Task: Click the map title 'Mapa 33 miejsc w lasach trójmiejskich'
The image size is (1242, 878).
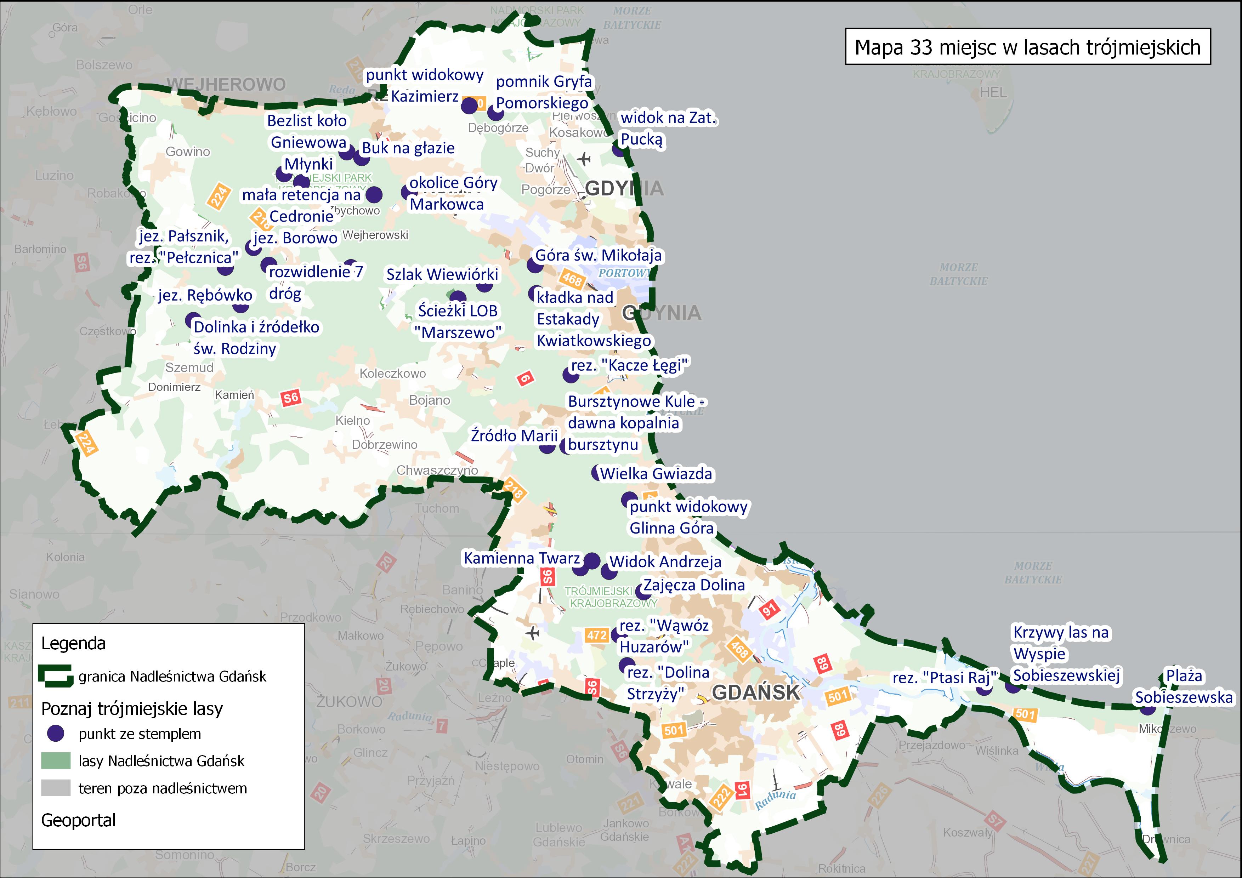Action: click(x=1027, y=47)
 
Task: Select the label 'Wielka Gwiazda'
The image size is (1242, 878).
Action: click(x=656, y=474)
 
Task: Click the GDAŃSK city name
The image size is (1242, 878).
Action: click(x=756, y=692)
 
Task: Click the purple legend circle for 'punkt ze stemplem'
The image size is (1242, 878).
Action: click(x=56, y=734)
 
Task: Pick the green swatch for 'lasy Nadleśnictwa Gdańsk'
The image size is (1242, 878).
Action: click(x=56, y=761)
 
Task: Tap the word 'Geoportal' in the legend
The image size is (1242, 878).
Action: click(x=78, y=820)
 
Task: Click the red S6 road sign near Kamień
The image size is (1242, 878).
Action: click(x=290, y=398)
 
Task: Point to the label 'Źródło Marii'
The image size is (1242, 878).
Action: click(x=514, y=436)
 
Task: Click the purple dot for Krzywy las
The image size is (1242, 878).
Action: click(x=1013, y=686)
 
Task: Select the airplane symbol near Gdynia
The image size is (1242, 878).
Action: click(x=584, y=159)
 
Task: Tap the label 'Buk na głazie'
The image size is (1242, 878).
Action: click(x=408, y=148)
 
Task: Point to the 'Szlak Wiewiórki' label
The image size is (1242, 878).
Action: click(x=442, y=275)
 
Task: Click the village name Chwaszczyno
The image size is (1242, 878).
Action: click(x=437, y=471)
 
